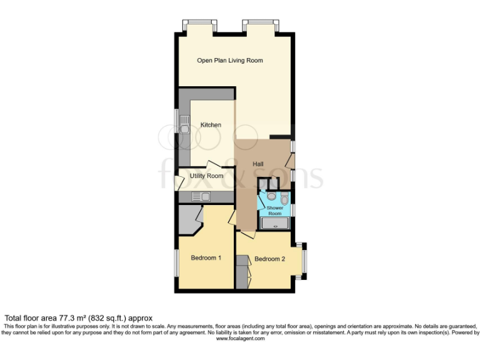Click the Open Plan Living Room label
tap(230, 61)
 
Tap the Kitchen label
tap(211, 125)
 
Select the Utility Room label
tap(206, 176)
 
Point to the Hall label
tap(257, 164)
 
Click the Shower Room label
tap(275, 211)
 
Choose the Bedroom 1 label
tap(206, 257)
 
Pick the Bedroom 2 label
tap(270, 259)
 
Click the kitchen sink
tap(185, 129)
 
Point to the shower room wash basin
tap(271, 196)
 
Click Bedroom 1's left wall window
tap(176, 261)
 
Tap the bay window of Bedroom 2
tap(303, 260)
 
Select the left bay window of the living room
tap(200, 26)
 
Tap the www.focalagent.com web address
tap(240, 337)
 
